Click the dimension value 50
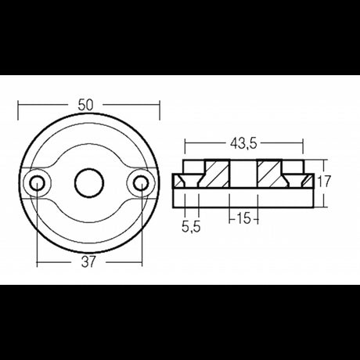[88, 101]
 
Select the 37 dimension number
[88, 262]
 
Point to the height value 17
[326, 181]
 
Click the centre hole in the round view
[88, 183]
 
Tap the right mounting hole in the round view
[140, 183]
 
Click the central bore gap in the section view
[244, 174]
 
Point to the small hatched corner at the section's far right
[311, 182]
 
